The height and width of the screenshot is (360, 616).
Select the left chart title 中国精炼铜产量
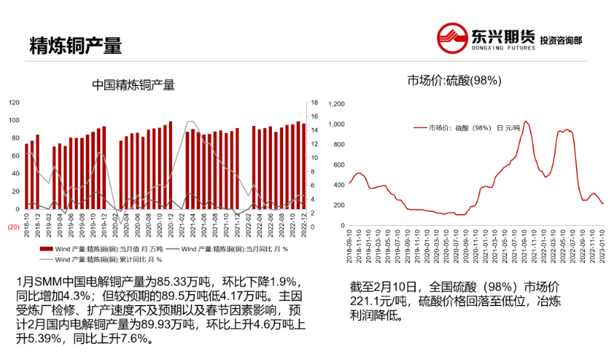coord(133,85)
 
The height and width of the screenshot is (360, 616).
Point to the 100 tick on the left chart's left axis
coord(15,120)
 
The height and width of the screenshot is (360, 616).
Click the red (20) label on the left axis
coord(13,227)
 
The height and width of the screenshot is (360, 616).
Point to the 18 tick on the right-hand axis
coord(314,103)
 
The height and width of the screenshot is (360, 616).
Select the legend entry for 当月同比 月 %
coord(221,250)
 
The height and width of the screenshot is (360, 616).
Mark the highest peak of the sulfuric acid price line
coord(526,121)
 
